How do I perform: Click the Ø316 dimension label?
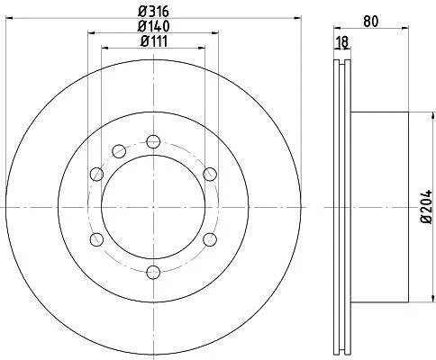click(153, 12)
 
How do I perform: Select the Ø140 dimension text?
click(153, 26)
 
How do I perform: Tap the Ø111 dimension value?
click(154, 41)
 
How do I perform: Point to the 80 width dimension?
click(371, 22)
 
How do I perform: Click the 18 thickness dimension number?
click(342, 42)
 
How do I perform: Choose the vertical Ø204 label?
click(426, 206)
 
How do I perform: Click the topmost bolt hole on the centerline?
click(153, 141)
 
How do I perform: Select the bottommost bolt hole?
click(153, 272)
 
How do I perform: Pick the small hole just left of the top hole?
click(119, 151)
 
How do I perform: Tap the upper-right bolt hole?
click(210, 174)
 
